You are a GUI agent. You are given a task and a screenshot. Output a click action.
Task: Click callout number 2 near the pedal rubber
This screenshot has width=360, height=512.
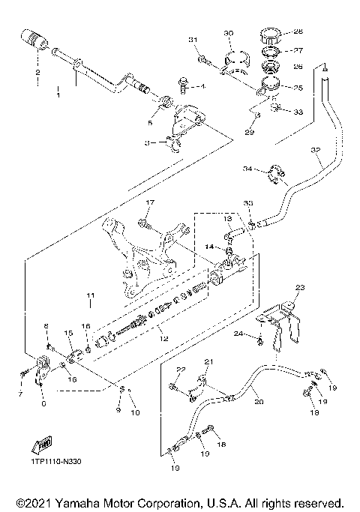(36, 73)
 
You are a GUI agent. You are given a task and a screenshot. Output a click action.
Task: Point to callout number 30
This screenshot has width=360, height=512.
(229, 33)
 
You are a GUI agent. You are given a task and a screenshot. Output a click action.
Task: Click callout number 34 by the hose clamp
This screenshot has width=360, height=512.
(247, 169)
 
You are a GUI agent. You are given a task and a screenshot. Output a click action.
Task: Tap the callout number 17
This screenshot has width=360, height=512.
(149, 202)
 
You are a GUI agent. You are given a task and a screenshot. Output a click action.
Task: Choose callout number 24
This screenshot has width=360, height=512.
(237, 333)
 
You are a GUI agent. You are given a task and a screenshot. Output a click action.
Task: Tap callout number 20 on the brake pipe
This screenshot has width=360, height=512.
(259, 402)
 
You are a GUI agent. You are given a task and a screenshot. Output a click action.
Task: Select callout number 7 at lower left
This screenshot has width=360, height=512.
(20, 393)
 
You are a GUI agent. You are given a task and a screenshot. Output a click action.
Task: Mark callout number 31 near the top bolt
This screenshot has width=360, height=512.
(192, 39)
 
